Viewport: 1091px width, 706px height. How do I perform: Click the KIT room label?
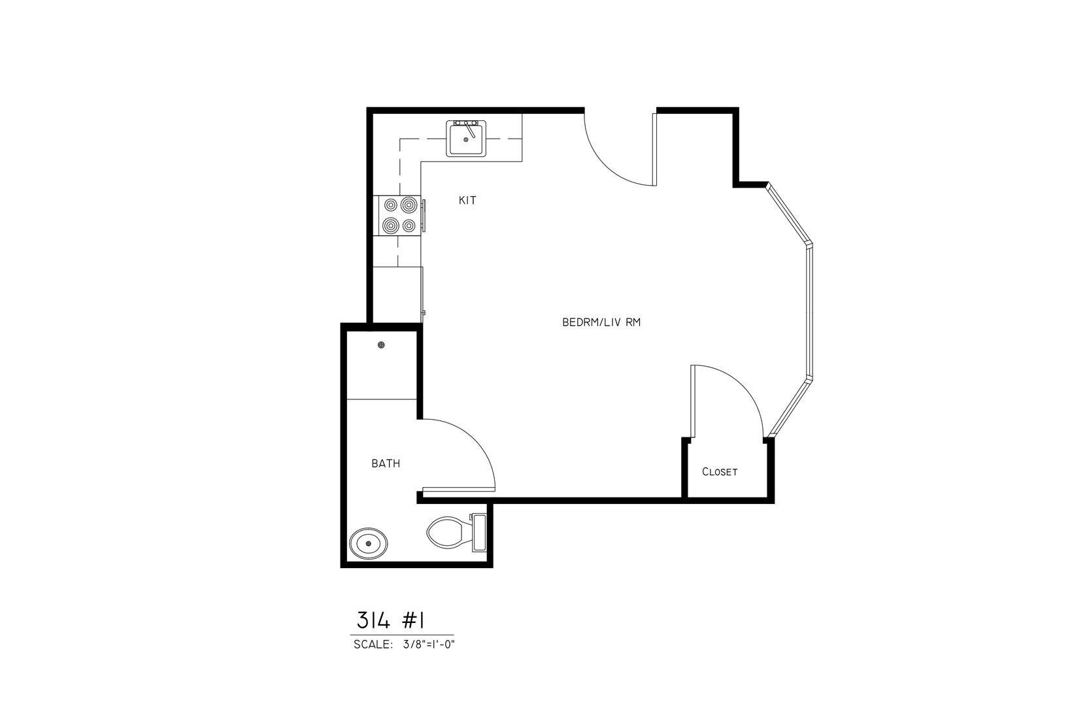point(467,200)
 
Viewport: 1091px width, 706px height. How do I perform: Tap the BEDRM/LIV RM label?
point(601,322)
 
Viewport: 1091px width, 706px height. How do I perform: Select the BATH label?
point(386,464)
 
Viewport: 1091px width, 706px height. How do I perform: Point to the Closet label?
point(720,471)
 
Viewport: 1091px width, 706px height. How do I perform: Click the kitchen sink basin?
point(466,139)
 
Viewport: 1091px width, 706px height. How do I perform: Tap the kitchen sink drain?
point(466,140)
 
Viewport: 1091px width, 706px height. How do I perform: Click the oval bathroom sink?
point(369,543)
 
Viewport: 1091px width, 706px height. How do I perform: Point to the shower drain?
point(381,345)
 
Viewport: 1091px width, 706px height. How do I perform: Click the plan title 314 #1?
point(391,621)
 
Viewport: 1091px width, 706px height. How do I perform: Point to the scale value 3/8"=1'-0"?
point(429,645)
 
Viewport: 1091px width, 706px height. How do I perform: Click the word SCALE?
point(373,645)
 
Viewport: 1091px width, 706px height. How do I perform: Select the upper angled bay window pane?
point(788,213)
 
